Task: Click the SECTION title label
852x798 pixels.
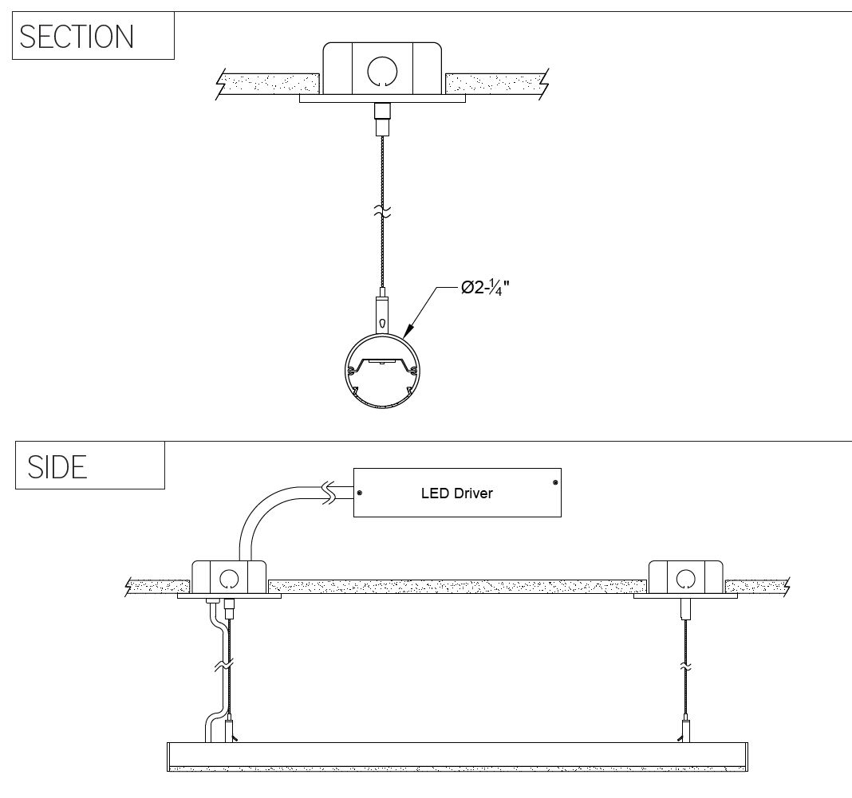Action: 77,37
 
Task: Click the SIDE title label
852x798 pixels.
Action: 57,467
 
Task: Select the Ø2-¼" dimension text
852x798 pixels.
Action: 485,288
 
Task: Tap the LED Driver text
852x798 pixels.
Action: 457,493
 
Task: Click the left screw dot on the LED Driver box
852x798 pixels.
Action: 360,493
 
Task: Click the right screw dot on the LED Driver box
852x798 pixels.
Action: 554,482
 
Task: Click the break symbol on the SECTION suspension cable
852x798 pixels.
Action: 383,211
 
